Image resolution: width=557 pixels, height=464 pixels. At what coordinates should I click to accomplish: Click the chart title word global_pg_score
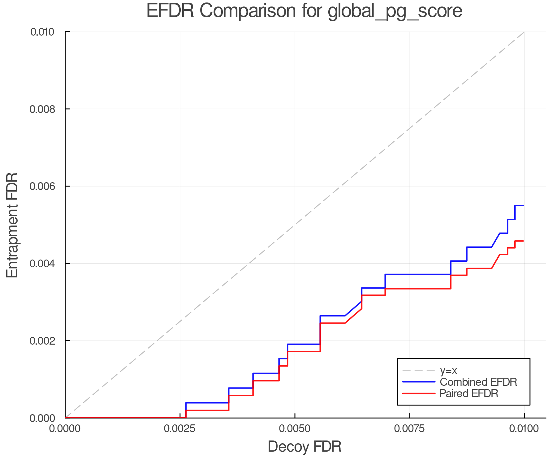point(395,11)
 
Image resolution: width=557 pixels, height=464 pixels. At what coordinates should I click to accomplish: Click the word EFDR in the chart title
point(170,11)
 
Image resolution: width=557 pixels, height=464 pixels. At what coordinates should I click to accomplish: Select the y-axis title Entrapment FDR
point(12,225)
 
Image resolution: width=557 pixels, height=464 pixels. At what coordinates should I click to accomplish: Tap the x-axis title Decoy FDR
point(304,446)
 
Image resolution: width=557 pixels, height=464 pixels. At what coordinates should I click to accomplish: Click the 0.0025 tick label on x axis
point(180,429)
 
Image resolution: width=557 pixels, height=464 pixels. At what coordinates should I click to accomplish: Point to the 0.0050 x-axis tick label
point(295,429)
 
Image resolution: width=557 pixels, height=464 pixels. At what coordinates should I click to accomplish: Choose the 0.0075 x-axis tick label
point(410,429)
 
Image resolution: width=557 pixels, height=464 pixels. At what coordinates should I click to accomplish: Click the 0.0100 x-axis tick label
point(524,429)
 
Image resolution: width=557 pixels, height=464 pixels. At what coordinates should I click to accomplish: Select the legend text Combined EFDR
point(478,382)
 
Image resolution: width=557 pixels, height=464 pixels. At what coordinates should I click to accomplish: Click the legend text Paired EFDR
point(468,393)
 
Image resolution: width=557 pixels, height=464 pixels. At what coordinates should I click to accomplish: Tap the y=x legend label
point(448,370)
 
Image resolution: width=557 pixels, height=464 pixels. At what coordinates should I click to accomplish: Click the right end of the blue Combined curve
point(523,205)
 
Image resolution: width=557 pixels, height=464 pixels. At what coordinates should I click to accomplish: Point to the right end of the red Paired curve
point(523,241)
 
